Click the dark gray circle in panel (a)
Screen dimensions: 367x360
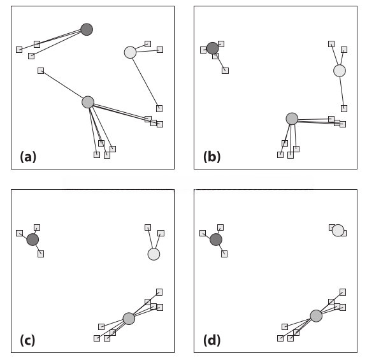[87, 29]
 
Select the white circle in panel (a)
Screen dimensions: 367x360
[130, 52]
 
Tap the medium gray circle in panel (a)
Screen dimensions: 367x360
[88, 102]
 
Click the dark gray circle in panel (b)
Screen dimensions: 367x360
[213, 48]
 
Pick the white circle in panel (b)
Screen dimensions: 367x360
[340, 71]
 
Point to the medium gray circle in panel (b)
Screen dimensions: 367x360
[292, 119]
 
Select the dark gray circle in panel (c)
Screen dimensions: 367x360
[32, 240]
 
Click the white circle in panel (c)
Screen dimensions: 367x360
[154, 254]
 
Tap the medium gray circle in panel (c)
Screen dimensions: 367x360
[129, 319]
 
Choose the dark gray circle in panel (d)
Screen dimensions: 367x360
[216, 240]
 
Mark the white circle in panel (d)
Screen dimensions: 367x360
[338, 231]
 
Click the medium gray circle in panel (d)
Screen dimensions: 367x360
[316, 316]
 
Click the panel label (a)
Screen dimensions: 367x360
[28, 157]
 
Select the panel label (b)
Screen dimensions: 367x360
[212, 157]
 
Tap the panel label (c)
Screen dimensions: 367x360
[27, 340]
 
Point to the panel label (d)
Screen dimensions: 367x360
[212, 340]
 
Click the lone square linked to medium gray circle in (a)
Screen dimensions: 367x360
[41, 71]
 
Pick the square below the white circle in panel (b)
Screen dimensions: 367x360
[344, 108]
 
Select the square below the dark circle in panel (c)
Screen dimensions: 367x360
[41, 254]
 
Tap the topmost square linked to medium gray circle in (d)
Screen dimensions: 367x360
[343, 292]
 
